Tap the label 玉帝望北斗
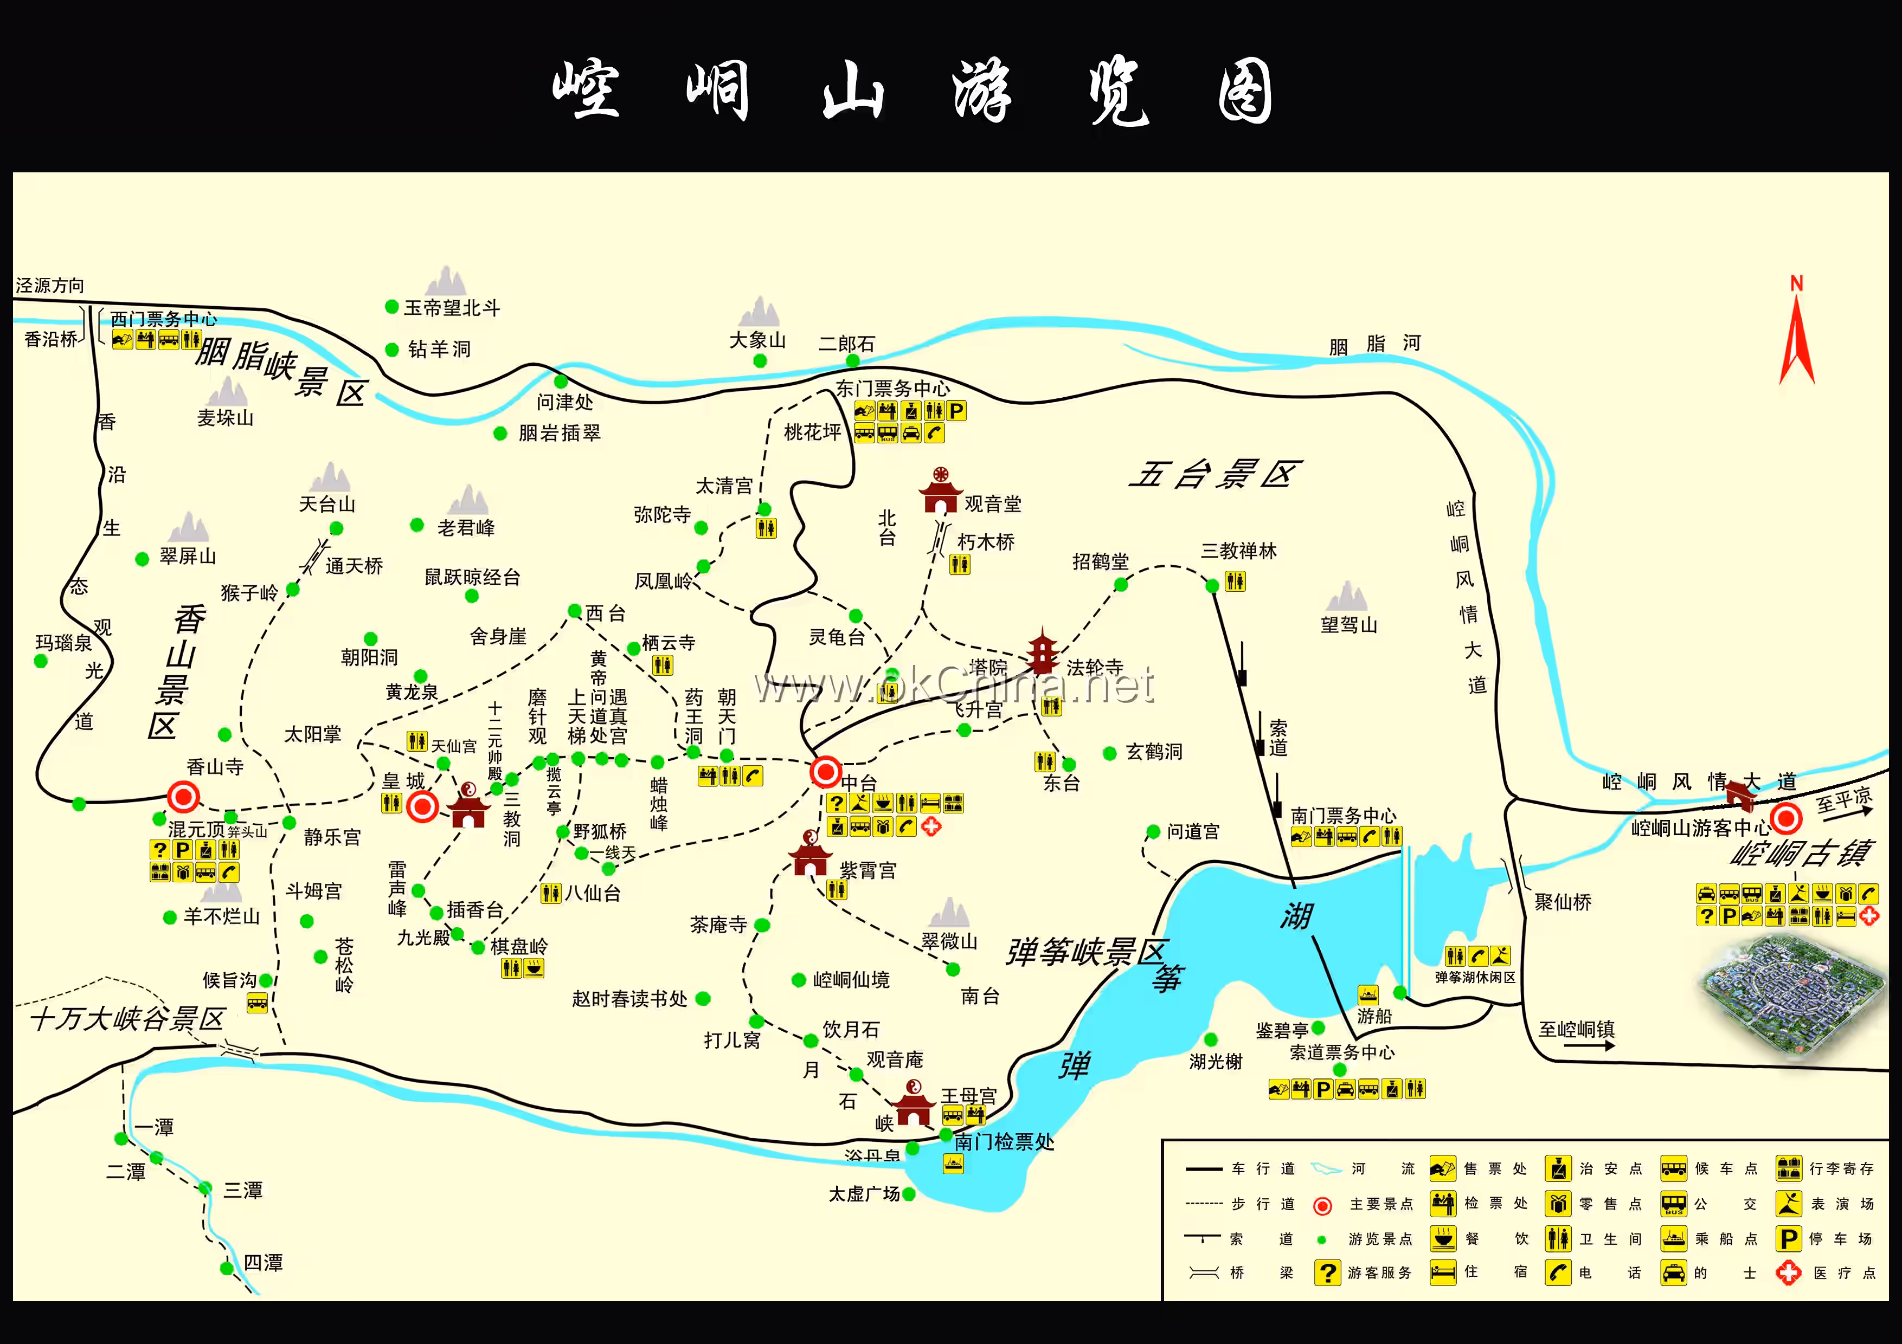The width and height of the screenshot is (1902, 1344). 452,308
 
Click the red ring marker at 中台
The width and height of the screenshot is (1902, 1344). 825,772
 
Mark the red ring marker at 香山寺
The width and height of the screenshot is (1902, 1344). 183,797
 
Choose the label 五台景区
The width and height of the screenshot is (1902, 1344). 1215,475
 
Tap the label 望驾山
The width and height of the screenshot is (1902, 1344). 1348,625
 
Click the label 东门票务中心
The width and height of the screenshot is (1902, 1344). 892,389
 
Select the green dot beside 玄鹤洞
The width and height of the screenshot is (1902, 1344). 1110,753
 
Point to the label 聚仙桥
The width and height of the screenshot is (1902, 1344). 1563,902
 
